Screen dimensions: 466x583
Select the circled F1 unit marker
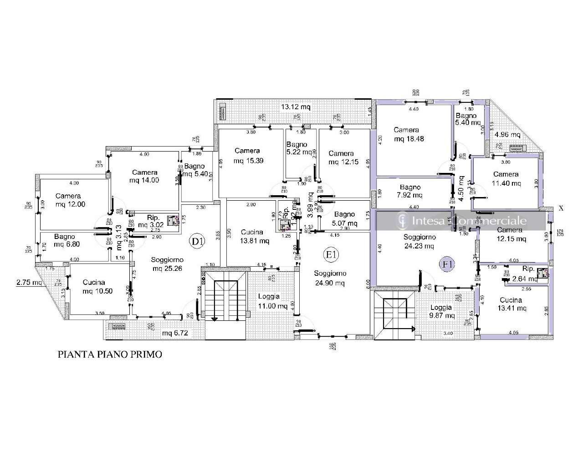(x=446, y=263)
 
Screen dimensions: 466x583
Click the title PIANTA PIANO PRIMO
(x=110, y=354)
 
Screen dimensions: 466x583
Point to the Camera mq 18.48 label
(x=409, y=134)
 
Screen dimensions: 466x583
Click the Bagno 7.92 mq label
(x=410, y=191)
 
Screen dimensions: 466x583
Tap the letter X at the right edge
(x=561, y=208)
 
